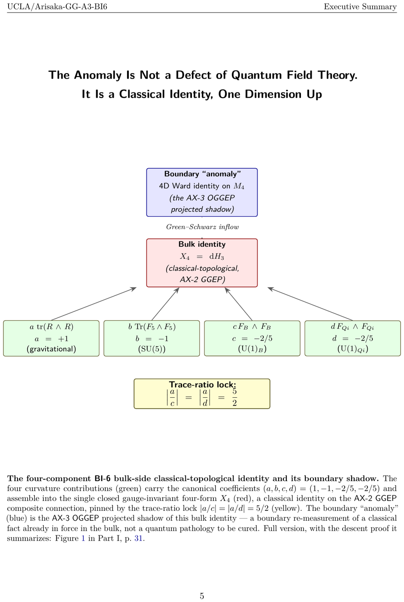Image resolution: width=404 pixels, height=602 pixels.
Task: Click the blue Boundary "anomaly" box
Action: click(x=202, y=192)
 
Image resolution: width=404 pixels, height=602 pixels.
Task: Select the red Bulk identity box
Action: click(x=202, y=263)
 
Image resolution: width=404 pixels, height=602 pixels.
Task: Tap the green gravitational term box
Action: click(x=51, y=338)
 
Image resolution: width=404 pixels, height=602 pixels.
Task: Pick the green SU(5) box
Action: click(x=152, y=338)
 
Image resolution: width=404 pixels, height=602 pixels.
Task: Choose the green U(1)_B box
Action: click(x=252, y=338)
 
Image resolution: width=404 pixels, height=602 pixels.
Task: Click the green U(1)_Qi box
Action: click(x=352, y=338)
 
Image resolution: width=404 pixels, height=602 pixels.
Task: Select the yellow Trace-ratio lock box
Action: click(x=202, y=394)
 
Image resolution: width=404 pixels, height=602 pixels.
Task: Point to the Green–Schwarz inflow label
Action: click(x=202, y=227)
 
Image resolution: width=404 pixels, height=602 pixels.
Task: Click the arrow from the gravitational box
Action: click(x=94, y=304)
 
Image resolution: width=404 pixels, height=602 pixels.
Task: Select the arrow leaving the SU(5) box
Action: click(x=165, y=304)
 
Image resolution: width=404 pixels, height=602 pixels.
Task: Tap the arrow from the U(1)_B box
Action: click(x=238, y=304)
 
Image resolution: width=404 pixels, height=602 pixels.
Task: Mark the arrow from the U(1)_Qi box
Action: click(x=310, y=304)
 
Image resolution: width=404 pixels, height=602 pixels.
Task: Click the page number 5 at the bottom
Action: click(x=202, y=596)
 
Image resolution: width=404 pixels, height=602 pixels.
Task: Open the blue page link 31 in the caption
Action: click(x=138, y=538)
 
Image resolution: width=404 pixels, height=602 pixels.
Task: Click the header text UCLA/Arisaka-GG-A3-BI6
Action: click(x=57, y=6)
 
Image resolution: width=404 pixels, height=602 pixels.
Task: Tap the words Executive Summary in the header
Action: click(x=360, y=6)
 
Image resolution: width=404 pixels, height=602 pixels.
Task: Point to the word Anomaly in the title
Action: click(x=97, y=75)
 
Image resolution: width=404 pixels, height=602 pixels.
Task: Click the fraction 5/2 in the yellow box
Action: click(x=234, y=397)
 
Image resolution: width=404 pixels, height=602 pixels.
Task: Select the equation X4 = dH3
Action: click(x=202, y=256)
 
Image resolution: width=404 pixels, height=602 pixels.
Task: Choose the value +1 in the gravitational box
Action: click(x=63, y=339)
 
